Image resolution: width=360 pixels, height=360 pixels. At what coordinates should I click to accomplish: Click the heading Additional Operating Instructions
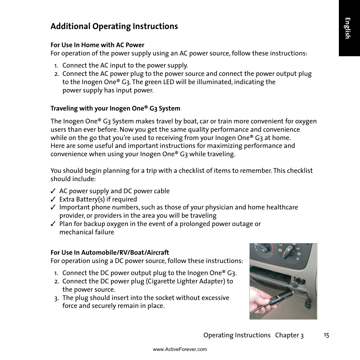114,26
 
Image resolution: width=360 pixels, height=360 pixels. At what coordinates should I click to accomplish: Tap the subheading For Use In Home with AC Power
97,45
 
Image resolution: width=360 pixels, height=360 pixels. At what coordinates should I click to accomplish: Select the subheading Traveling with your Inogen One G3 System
115,108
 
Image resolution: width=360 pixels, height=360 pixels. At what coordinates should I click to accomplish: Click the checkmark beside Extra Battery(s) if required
54,199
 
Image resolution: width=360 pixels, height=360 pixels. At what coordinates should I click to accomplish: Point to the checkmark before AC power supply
54,191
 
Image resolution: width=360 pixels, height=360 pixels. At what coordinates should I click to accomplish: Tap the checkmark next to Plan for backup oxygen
54,224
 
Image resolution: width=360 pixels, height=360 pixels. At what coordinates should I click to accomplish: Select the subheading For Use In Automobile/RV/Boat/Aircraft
110,252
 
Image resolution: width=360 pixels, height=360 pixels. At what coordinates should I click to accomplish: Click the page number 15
326,335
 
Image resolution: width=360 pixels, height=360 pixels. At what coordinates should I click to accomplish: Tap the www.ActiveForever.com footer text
180,349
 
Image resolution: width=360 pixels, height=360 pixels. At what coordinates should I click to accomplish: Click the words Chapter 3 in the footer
289,335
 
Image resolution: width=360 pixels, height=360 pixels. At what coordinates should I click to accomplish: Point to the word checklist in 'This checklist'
300,171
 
